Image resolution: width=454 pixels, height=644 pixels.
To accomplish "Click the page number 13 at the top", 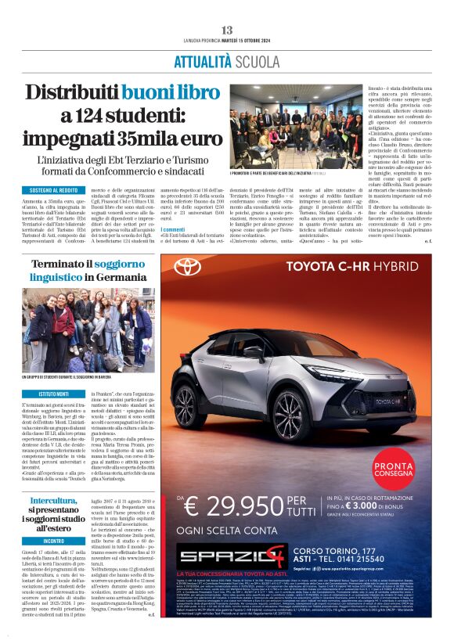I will point(227,30).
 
